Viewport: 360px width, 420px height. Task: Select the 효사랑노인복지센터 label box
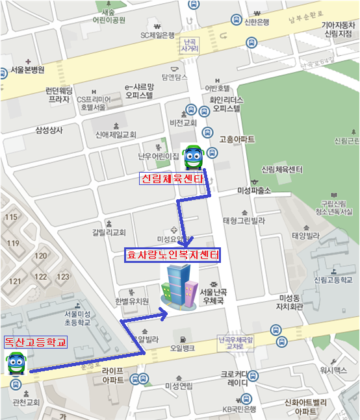click(x=172, y=255)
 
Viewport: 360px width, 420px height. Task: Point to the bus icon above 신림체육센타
click(x=193, y=156)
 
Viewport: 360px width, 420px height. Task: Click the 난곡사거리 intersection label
click(x=190, y=44)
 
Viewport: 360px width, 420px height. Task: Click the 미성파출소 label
click(x=254, y=191)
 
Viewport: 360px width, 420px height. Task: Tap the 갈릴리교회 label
click(x=109, y=232)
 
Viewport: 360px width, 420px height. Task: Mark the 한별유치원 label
click(x=132, y=301)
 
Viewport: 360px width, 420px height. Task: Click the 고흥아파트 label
click(x=237, y=139)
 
